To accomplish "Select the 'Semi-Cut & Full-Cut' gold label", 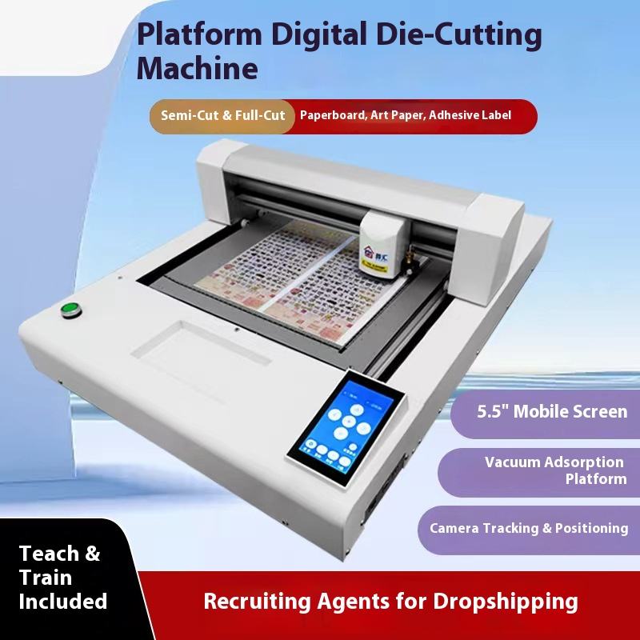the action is [x=222, y=116].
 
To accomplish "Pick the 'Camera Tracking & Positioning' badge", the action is [x=529, y=528].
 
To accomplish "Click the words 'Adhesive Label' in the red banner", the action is [x=470, y=116].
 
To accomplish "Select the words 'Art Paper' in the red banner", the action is [x=397, y=116].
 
